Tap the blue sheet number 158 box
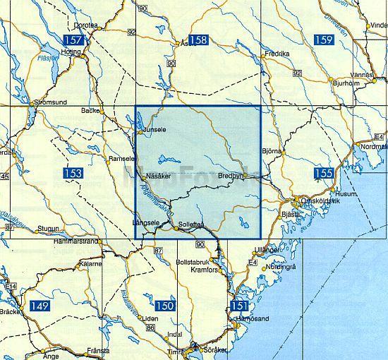pyautogui.click(x=199, y=40)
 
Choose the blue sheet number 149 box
pyautogui.click(x=40, y=306)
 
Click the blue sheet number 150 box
pyautogui.click(x=165, y=306)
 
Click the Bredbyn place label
pyautogui.click(x=230, y=175)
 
